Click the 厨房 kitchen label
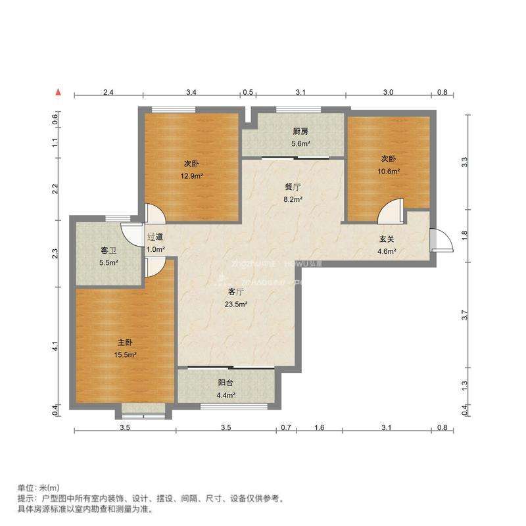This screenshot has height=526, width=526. pos(300,131)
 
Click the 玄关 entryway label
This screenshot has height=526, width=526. pos(385,239)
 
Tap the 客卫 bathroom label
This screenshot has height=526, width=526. pos(108,251)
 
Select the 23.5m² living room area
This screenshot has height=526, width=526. pos(236,304)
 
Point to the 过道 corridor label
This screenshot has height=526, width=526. pos(155,237)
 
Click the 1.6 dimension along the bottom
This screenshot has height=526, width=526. pos(320,428)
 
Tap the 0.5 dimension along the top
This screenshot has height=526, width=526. pos(248,93)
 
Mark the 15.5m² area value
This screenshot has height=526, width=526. pos(126,355)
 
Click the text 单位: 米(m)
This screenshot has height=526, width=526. pos(38,488)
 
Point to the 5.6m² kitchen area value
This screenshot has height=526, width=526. pos(300,143)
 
